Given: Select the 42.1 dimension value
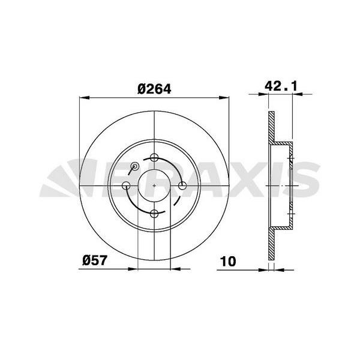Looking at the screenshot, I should click(x=281, y=86).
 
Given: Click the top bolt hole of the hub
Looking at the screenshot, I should click(x=155, y=158).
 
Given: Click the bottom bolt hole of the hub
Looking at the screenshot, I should click(x=155, y=213).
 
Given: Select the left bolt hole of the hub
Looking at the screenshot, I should click(x=127, y=186).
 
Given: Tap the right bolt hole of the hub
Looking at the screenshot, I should click(x=182, y=186).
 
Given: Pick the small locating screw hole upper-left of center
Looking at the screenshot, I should click(x=135, y=166).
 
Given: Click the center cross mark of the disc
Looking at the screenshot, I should click(x=155, y=186).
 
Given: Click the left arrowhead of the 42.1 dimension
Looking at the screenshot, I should click(x=270, y=94).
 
